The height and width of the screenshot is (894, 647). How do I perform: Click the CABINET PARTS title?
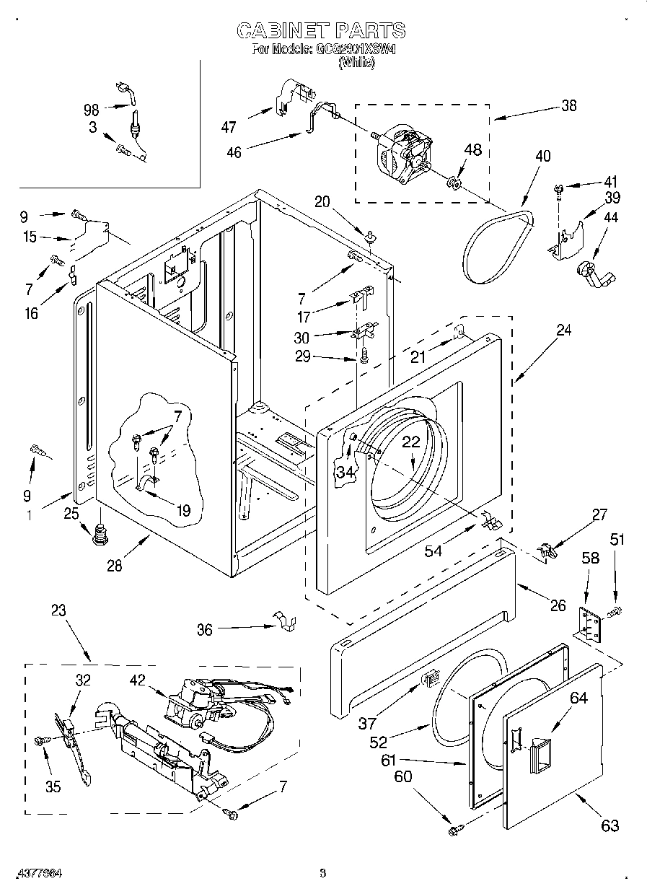[x=322, y=30]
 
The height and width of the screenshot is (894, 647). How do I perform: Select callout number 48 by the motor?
[x=472, y=150]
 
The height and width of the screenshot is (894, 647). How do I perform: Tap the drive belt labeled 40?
[x=498, y=245]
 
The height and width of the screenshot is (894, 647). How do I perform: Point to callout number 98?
[x=91, y=110]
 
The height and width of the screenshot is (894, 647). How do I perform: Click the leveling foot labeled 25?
[x=99, y=535]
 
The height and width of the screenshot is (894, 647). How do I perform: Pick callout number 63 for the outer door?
[x=609, y=825]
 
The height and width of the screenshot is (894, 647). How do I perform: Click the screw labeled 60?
[x=454, y=831]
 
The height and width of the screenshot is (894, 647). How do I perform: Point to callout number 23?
[x=58, y=610]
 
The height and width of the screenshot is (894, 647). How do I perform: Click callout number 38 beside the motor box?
[x=568, y=105]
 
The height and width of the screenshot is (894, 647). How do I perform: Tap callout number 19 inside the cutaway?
[x=183, y=511]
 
